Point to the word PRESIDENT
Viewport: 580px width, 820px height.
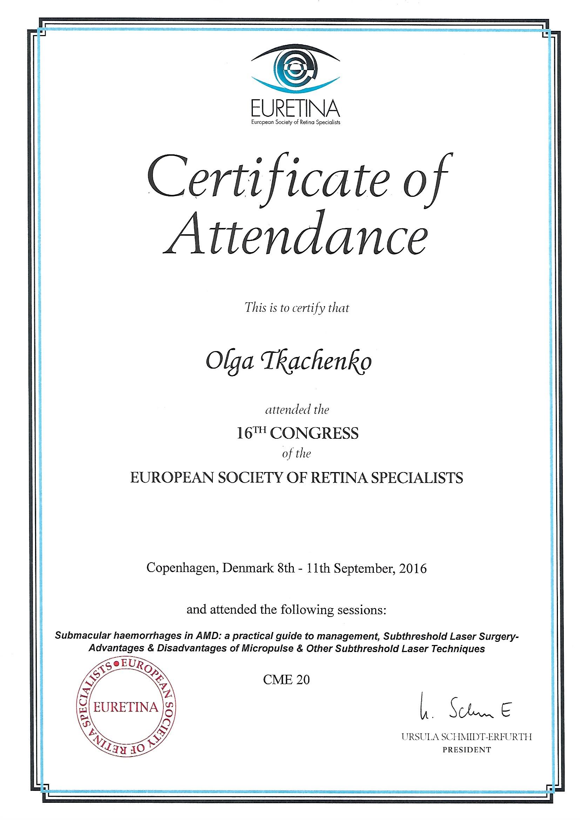[x=467, y=750]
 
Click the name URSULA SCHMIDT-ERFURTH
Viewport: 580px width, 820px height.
[x=467, y=737]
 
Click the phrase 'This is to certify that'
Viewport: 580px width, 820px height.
[x=297, y=308]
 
